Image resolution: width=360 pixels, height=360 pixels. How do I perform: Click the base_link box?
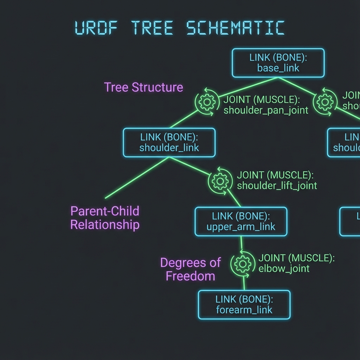coord(278,63)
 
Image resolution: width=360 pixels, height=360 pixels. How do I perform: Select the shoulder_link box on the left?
coord(169,142)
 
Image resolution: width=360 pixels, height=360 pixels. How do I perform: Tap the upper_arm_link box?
coord(241,221)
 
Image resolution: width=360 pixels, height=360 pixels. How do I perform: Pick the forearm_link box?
coord(244,304)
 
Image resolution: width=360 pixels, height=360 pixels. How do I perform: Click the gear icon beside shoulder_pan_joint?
coord(207,102)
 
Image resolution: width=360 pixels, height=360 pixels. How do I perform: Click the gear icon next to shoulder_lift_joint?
coord(220,181)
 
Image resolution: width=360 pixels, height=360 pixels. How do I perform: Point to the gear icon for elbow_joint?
coord(243,264)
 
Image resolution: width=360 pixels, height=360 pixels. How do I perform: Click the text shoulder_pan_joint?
coord(266,110)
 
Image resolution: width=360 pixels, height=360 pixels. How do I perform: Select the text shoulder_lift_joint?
coord(277,185)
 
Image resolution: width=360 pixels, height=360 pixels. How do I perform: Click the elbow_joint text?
coord(284,269)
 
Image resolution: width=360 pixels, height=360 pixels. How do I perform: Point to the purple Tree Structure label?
coord(143,87)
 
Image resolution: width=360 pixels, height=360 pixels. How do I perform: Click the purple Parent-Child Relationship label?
coord(105,218)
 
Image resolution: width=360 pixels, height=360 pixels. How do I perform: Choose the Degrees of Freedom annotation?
coord(190,269)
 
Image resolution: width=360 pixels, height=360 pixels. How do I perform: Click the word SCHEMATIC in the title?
coord(235,28)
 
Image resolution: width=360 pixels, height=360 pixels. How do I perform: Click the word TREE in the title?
coord(152,28)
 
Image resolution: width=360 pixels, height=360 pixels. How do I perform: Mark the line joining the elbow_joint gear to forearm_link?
coord(244,283)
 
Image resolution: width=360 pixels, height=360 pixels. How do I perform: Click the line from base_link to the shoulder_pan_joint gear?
coord(248,86)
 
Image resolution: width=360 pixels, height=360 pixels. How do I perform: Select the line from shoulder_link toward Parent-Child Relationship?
coord(137,178)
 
